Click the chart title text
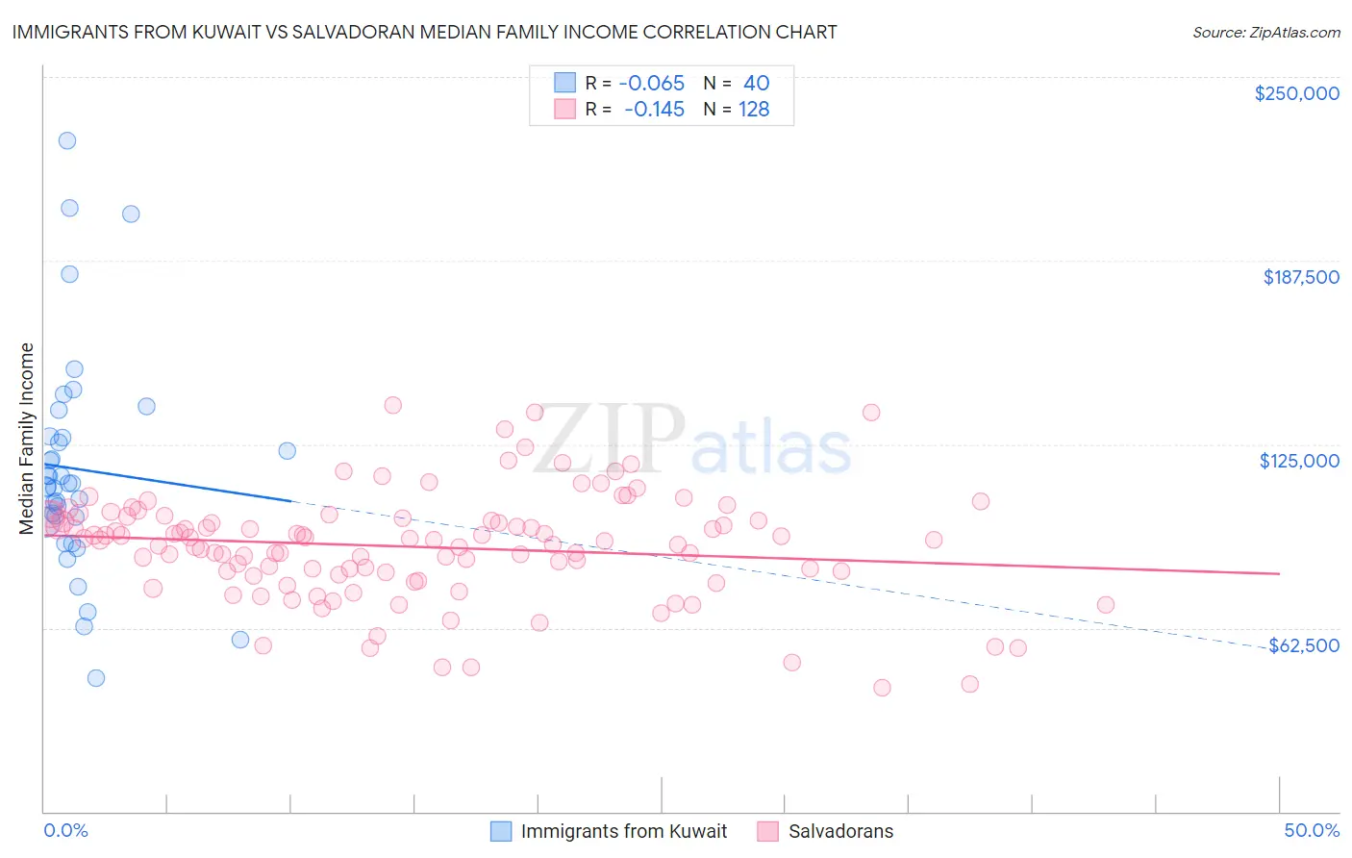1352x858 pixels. click(424, 32)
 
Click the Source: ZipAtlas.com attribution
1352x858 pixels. click(1265, 32)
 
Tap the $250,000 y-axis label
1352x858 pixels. click(1296, 93)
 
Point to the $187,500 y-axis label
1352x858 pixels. click(1300, 277)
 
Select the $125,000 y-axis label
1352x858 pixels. click(1299, 461)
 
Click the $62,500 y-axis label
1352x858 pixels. click(1304, 645)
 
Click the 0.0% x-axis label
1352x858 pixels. click(65, 830)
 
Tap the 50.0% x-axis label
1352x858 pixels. click(1312, 830)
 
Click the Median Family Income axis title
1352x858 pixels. click(27, 438)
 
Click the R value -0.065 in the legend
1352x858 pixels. click(651, 83)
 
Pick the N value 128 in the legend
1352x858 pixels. click(754, 110)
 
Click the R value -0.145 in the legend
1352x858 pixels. click(654, 110)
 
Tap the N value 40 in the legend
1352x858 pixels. click(756, 83)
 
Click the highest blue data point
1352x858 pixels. click(67, 140)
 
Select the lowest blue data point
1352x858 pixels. click(96, 678)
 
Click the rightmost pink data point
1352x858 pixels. click(1106, 605)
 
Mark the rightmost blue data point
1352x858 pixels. click(287, 451)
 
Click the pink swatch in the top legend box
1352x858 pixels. click(564, 110)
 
